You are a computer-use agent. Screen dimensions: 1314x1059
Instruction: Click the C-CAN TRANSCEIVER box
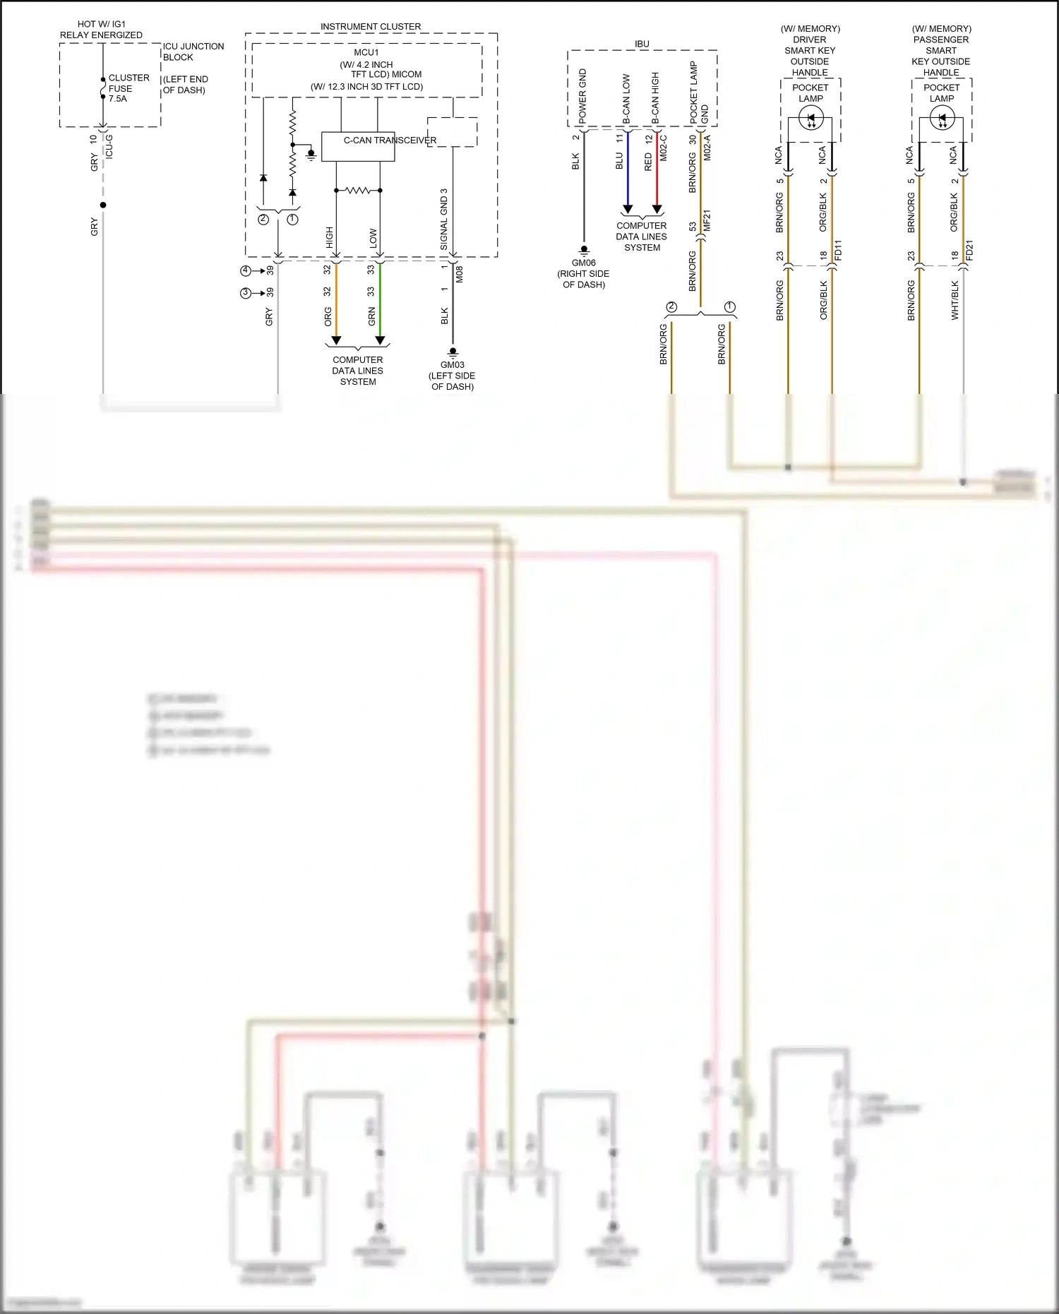point(358,146)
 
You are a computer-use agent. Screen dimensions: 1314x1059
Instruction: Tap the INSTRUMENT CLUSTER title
point(371,27)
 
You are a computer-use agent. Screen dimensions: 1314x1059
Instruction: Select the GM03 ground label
point(453,365)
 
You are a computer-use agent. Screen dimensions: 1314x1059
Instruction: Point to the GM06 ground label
point(584,263)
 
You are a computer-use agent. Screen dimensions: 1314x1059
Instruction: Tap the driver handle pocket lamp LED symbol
point(810,119)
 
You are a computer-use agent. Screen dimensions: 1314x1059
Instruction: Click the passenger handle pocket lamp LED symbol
point(942,119)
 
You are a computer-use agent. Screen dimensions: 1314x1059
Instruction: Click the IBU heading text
point(642,44)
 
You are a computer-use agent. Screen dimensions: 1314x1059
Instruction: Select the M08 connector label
point(460,274)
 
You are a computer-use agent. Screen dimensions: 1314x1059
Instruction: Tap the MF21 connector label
point(707,220)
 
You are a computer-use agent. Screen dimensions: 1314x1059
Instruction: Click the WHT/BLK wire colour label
point(955,300)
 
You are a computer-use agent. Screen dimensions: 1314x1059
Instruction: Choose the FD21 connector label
point(969,251)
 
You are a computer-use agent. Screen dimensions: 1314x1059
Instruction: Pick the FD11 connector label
point(838,251)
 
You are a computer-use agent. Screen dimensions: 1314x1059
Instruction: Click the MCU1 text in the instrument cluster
point(366,52)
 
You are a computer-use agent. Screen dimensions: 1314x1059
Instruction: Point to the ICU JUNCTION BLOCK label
point(193,52)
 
